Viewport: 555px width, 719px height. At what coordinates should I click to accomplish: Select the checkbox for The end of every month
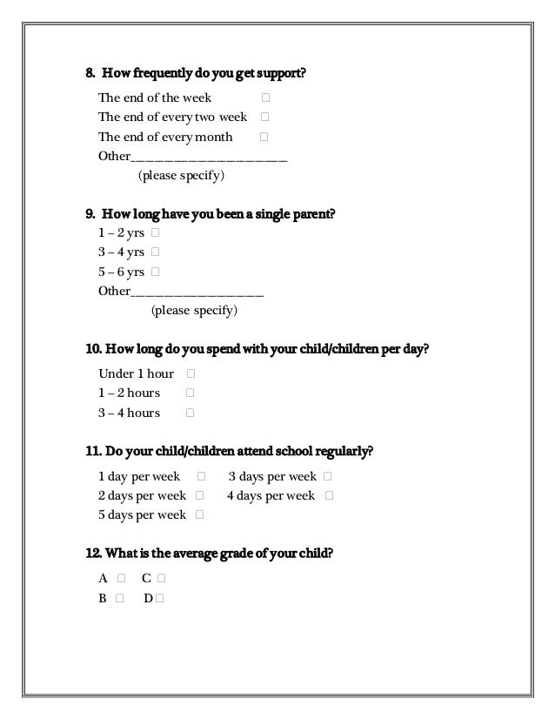pos(264,137)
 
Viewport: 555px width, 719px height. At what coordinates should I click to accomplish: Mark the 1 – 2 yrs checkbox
pos(155,233)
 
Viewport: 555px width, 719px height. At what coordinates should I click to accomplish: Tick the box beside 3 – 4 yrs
pos(155,252)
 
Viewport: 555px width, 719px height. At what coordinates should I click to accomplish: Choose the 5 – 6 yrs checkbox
pos(155,272)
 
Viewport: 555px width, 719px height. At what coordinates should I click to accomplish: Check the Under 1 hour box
pos(190,374)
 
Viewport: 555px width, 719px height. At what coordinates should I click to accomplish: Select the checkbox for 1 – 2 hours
pos(190,393)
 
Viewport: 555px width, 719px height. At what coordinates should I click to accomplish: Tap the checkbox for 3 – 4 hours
pos(190,413)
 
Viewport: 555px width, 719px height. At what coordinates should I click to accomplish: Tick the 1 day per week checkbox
pos(202,477)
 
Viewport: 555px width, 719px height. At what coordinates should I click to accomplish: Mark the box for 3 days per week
pos(326,477)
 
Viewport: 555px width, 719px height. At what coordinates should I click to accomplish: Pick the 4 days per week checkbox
pos(328,496)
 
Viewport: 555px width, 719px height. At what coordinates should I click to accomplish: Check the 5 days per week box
pos(200,515)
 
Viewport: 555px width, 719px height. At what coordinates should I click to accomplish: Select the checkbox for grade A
pos(121,579)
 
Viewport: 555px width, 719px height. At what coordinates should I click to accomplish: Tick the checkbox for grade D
pos(161,599)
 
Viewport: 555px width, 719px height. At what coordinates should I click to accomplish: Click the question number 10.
pos(93,350)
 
